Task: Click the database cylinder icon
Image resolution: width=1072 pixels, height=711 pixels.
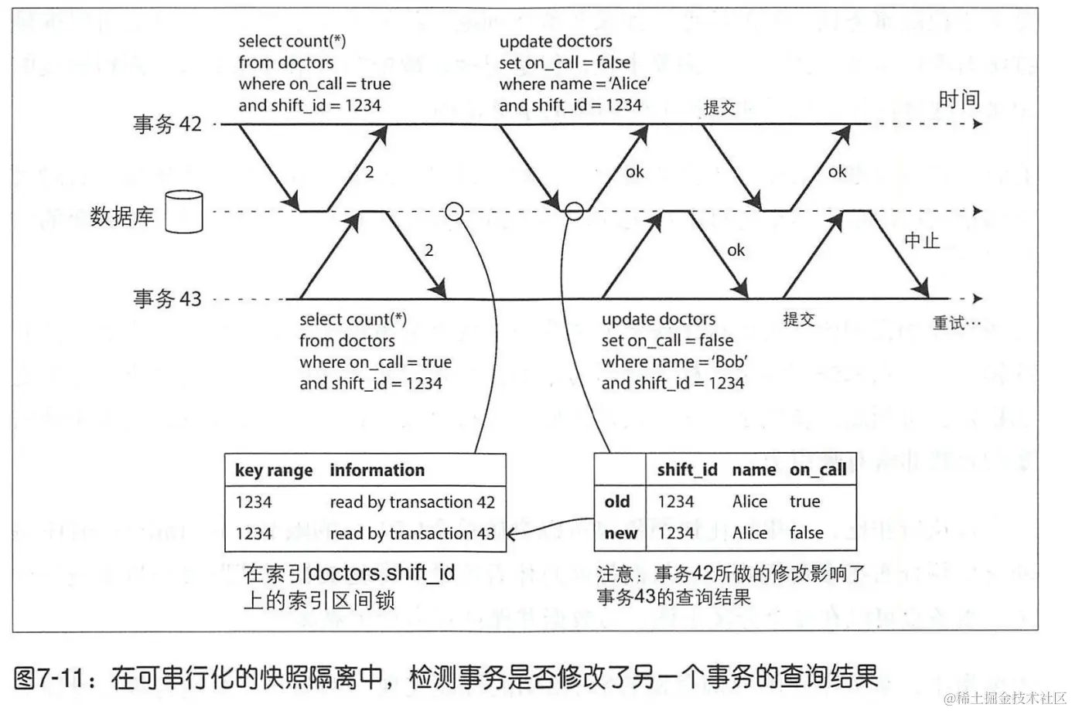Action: [184, 212]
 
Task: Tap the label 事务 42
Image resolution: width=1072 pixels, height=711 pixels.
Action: [167, 124]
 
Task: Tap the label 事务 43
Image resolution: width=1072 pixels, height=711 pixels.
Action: [167, 299]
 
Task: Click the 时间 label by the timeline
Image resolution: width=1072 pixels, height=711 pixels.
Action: [959, 100]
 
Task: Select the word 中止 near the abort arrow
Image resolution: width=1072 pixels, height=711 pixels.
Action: [922, 241]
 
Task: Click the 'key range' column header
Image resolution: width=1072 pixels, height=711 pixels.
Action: [274, 471]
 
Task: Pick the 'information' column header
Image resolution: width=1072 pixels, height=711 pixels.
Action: [377, 470]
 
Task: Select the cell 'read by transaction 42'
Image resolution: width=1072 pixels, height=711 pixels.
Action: [411, 502]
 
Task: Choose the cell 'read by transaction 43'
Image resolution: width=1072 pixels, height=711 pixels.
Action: [411, 533]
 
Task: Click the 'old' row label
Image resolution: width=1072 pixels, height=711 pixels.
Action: [617, 502]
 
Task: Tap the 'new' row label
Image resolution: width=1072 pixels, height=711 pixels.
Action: [620, 533]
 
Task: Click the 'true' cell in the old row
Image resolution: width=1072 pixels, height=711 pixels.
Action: [804, 502]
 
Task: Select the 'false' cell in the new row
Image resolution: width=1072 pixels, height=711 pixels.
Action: [807, 532]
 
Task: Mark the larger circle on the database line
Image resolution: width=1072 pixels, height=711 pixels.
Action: [574, 210]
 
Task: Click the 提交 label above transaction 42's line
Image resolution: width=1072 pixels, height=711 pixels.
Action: [719, 107]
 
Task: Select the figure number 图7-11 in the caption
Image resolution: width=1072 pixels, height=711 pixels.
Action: [48, 678]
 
